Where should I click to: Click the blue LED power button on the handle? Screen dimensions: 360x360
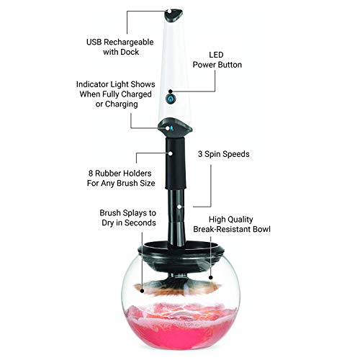tap(171, 97)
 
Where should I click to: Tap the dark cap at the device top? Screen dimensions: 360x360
tap(174, 12)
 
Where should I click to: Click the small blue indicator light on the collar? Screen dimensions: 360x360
tap(171, 128)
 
